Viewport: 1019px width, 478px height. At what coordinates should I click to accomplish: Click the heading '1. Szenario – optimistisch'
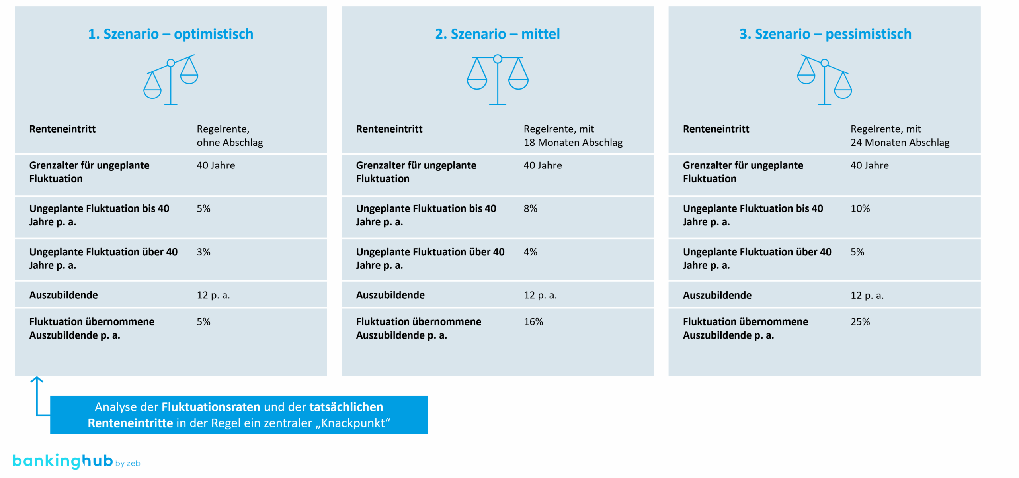click(170, 34)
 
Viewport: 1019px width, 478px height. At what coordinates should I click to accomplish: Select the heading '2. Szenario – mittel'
click(497, 34)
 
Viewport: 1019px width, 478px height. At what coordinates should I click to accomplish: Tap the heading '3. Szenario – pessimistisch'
click(825, 34)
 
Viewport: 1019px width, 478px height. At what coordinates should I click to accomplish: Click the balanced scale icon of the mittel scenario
click(498, 80)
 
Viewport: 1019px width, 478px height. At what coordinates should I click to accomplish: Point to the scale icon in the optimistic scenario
click(171, 80)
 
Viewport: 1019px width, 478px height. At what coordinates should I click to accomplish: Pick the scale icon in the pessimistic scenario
click(824, 80)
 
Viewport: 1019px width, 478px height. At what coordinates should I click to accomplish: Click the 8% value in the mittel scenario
click(530, 209)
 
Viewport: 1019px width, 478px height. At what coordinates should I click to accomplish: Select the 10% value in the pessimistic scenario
click(860, 209)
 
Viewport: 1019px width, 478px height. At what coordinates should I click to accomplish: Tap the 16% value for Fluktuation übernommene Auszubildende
click(533, 322)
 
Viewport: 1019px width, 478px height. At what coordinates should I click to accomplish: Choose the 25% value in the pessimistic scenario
click(860, 322)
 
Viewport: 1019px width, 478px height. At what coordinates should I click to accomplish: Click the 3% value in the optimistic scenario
click(203, 252)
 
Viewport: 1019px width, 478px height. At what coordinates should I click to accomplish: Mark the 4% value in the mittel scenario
click(530, 252)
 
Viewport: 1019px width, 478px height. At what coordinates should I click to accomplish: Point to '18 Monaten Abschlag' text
click(573, 143)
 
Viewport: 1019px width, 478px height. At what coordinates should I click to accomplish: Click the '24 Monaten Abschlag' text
click(900, 143)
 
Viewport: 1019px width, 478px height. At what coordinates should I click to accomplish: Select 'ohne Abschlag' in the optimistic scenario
click(230, 143)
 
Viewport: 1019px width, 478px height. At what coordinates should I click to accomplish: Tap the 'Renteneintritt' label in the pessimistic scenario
click(716, 129)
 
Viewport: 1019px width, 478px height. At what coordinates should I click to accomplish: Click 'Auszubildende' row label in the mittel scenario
click(390, 295)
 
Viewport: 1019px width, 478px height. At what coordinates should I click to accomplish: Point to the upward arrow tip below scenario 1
click(37, 378)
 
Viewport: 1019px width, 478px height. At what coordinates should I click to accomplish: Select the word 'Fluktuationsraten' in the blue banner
click(211, 407)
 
